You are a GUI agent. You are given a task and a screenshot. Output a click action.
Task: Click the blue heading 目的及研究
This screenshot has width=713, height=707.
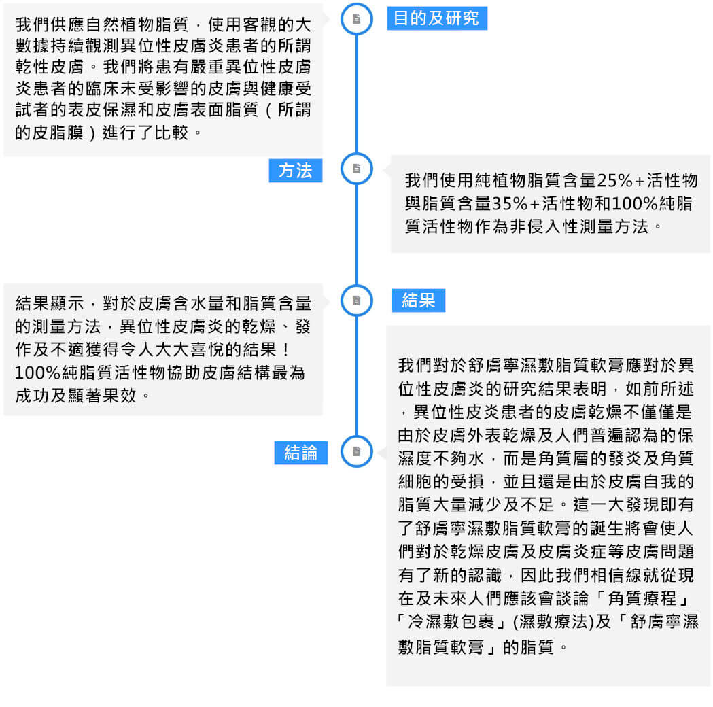[437, 18]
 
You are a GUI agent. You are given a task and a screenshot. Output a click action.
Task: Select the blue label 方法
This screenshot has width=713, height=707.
[296, 171]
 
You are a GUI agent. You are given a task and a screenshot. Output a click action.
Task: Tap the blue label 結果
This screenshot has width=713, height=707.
[418, 300]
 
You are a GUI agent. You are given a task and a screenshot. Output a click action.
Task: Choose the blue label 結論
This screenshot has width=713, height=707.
[300, 452]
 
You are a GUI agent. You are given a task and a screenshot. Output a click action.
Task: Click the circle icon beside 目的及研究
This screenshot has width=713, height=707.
[356, 19]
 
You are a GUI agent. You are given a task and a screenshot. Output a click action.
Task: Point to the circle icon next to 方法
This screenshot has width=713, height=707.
[356, 169]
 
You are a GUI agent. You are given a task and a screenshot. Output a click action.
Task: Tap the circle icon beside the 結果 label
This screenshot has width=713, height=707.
[356, 300]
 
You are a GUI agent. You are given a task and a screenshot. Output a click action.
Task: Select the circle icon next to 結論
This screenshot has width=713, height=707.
[356, 451]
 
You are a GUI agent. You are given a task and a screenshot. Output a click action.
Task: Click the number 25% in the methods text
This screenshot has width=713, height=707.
[614, 181]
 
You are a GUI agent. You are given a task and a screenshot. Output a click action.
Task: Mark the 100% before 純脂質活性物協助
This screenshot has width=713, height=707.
[38, 373]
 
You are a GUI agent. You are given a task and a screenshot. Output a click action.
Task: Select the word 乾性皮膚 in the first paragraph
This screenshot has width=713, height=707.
[50, 67]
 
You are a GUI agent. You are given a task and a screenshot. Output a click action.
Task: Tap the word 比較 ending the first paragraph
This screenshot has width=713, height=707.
[171, 133]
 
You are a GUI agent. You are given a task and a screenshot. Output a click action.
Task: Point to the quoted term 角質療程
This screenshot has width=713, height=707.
[642, 598]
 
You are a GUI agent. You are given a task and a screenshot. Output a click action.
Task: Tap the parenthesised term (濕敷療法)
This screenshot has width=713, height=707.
[553, 621]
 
